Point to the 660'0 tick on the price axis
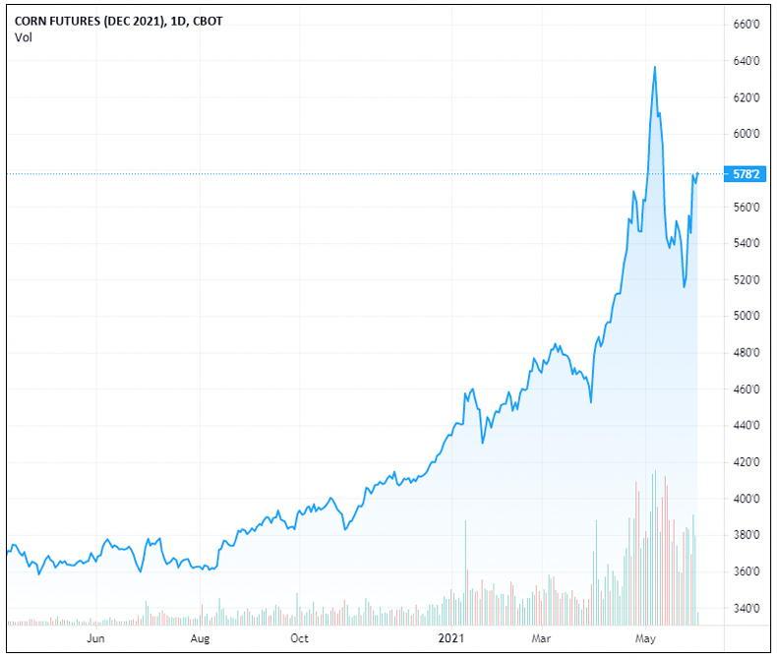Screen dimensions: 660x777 pyautogui.click(x=747, y=24)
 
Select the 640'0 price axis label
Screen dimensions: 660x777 pyautogui.click(x=747, y=61)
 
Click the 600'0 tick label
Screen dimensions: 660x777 pyautogui.click(x=747, y=134)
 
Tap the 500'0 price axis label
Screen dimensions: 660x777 pyautogui.click(x=747, y=316)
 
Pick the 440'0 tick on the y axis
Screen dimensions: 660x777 pyautogui.click(x=747, y=426)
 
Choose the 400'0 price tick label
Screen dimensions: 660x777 pyautogui.click(x=747, y=499)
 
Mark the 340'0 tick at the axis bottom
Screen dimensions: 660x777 pyautogui.click(x=747, y=608)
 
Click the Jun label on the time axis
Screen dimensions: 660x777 pyautogui.click(x=95, y=638)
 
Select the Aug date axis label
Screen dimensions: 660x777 pyautogui.click(x=201, y=638)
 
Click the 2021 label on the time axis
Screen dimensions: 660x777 pyautogui.click(x=451, y=638)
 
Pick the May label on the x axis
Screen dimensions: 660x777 pyautogui.click(x=646, y=638)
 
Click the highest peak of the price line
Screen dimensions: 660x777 pyautogui.click(x=655, y=67)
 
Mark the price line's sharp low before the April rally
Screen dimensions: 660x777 pyautogui.click(x=590, y=401)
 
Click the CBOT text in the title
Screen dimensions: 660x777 pyautogui.click(x=205, y=22)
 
